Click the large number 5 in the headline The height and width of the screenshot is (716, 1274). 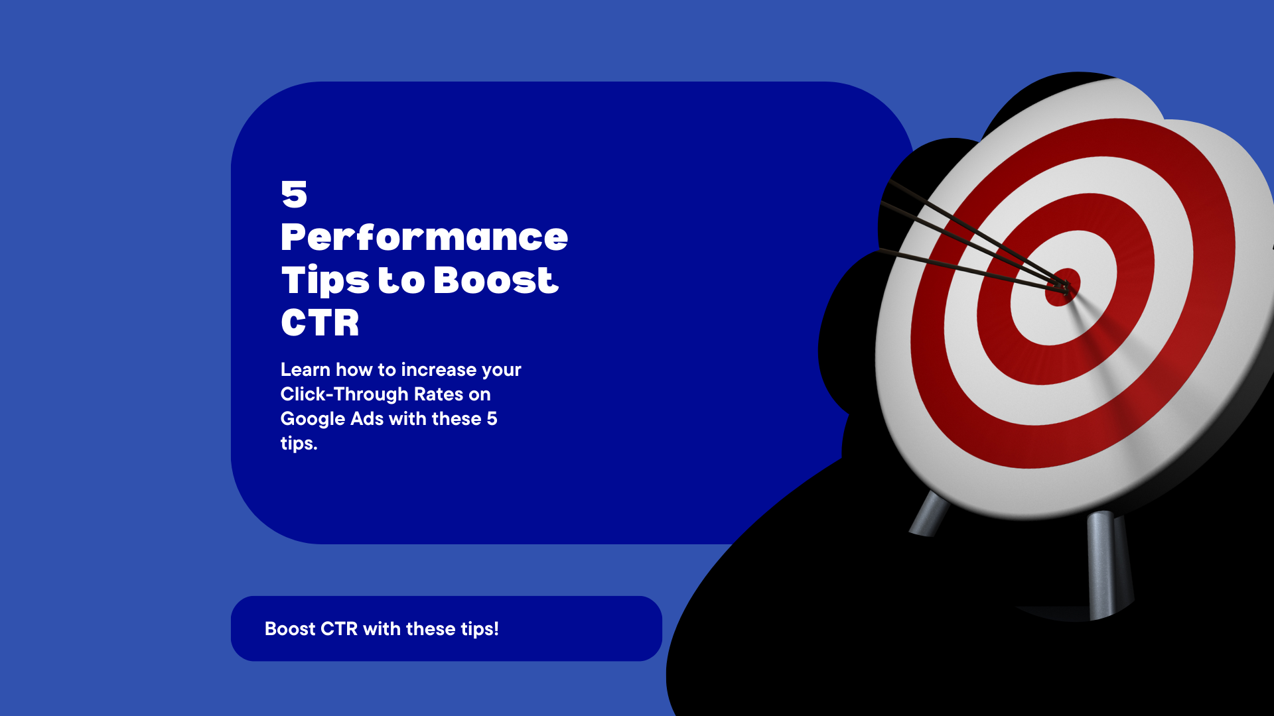pos(294,194)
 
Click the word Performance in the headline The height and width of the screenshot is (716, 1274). pos(424,237)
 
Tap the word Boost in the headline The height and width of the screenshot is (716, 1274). pos(496,280)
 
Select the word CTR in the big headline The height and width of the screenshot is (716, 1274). pos(320,323)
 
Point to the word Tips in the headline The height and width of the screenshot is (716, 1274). pos(325,281)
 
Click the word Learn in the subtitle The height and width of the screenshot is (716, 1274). pos(305,369)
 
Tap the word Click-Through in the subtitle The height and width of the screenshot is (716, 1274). pos(344,394)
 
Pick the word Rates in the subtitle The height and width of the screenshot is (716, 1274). pos(439,394)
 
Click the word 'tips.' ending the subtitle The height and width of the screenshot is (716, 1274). pos(299,444)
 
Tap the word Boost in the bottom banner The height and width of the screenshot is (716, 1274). pos(290,628)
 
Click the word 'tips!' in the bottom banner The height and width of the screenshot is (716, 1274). pos(480,628)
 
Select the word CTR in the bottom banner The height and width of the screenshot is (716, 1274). pos(339,628)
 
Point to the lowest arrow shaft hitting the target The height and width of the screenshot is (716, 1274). pos(972,271)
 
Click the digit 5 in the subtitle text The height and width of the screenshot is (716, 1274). pos(492,419)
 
